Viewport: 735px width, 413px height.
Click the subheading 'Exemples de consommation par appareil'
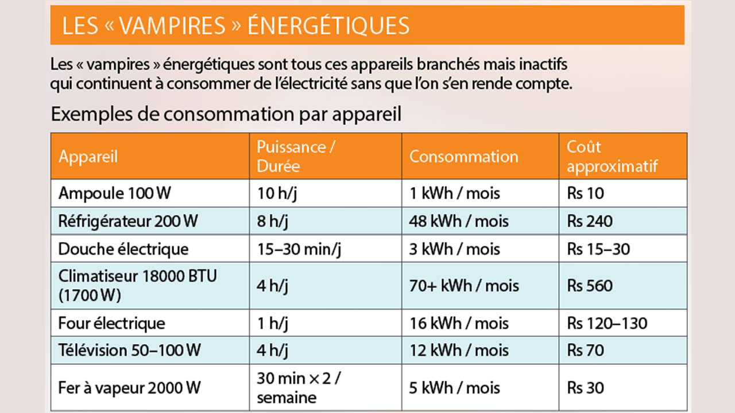click(x=226, y=114)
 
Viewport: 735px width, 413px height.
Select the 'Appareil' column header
click(x=88, y=157)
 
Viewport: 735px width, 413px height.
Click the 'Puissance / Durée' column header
click(x=296, y=156)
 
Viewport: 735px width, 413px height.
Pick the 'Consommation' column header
click(x=463, y=157)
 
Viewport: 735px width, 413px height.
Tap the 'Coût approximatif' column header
click(x=612, y=156)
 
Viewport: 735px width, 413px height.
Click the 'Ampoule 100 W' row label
click(x=115, y=193)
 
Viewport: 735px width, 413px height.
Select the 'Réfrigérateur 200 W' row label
click(x=127, y=221)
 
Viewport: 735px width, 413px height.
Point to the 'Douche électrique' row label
click(x=123, y=249)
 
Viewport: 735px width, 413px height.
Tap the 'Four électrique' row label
click(x=111, y=324)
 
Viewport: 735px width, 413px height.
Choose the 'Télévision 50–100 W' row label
click(x=129, y=350)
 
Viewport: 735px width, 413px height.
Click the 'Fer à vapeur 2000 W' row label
click(x=129, y=388)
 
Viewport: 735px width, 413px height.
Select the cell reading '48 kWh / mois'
click(x=459, y=221)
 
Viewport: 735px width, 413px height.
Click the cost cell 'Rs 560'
click(x=590, y=286)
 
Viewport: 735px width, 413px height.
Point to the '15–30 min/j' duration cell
click(x=299, y=249)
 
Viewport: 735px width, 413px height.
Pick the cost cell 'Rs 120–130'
click(x=607, y=324)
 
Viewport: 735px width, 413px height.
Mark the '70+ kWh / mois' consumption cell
click(x=463, y=286)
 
